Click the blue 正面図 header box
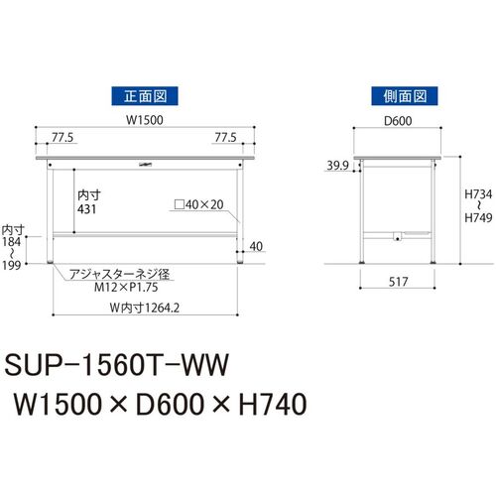click(x=145, y=96)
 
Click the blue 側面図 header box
click(x=405, y=96)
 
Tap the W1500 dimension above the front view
click(x=145, y=120)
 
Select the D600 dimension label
click(x=398, y=121)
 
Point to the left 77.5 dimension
click(x=62, y=137)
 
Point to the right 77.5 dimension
click(x=225, y=137)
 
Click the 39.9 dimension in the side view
click(x=337, y=165)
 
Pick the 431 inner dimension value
click(x=87, y=209)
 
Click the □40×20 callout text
click(x=199, y=204)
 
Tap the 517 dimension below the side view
click(x=398, y=282)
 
